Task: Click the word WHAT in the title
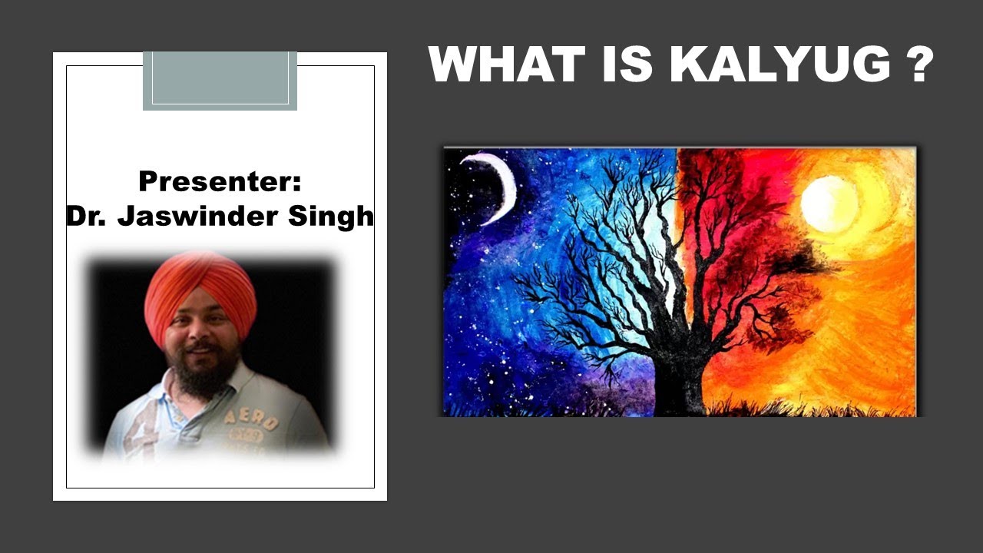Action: pyautogui.click(x=508, y=64)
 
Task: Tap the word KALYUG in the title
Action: pyautogui.click(x=780, y=64)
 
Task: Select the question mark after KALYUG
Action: pyautogui.click(x=919, y=64)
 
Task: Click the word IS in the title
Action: pyautogui.click(x=628, y=64)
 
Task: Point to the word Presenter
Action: pyautogui.click(x=216, y=180)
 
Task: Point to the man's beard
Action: pyautogui.click(x=202, y=373)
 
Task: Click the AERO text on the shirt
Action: pyautogui.click(x=251, y=420)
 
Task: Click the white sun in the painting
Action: pyautogui.click(x=829, y=204)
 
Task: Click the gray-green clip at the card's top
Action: pyautogui.click(x=220, y=81)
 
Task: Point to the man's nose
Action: pyautogui.click(x=200, y=330)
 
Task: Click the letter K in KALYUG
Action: pyautogui.click(x=689, y=64)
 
